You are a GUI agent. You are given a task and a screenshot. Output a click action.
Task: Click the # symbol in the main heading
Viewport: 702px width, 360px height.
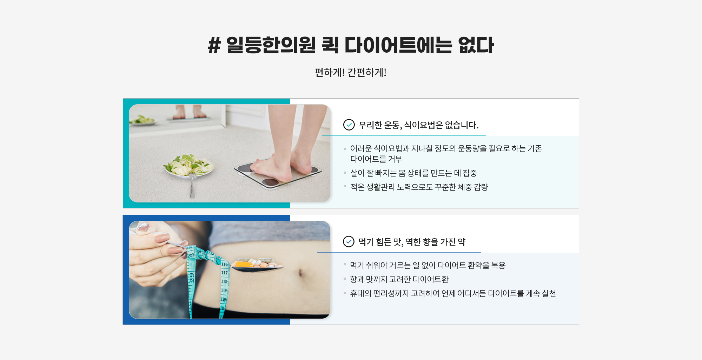214,45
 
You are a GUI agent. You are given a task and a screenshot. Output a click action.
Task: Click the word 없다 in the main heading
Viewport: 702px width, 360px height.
476,45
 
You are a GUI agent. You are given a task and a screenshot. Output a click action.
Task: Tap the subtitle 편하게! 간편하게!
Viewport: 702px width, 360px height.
351,72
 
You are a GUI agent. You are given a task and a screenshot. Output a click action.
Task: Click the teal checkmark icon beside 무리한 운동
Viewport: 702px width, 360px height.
349,125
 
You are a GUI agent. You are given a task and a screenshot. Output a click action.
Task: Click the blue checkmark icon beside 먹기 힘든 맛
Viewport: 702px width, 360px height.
349,241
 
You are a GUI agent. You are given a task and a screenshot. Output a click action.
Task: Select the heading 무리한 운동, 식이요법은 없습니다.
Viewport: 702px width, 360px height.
418,125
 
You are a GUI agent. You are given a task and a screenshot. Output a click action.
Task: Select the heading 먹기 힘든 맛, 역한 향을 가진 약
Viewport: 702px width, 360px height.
412,242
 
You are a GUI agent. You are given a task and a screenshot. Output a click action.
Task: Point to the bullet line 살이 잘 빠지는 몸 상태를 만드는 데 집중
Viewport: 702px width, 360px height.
413,173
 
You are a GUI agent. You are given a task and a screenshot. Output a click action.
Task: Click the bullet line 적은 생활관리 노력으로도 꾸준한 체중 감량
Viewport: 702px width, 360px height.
419,187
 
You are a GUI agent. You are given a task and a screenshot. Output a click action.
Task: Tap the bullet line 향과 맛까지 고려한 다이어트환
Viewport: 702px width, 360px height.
399,279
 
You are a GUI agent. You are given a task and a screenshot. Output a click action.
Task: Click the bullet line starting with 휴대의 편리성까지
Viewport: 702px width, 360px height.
453,293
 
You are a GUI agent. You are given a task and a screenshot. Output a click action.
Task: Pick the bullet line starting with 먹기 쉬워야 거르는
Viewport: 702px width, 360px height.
428,265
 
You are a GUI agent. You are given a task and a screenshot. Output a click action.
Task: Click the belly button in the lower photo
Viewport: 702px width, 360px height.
300,272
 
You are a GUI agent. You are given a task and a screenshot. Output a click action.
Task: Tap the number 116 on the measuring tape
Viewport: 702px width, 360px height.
224,264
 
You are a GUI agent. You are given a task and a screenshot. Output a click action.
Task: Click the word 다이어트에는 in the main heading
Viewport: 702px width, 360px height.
398,45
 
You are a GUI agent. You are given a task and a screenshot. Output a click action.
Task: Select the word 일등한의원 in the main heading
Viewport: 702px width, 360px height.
271,45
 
